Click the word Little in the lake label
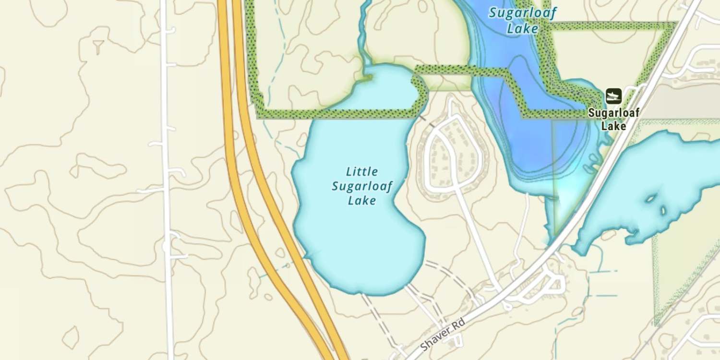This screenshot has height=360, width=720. (x=362, y=171)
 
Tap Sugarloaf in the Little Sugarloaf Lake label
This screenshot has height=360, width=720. (x=362, y=186)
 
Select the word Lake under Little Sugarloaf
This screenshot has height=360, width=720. (x=362, y=200)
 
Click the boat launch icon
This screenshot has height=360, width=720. (x=613, y=96)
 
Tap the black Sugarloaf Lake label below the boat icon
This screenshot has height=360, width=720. (x=614, y=120)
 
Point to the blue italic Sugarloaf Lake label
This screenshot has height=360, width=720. (x=522, y=20)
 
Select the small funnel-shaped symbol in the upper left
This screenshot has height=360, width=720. (x=98, y=47)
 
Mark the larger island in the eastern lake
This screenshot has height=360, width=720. (x=652, y=198)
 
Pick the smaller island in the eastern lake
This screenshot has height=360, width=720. (x=664, y=210)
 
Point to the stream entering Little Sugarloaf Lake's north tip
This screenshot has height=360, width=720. (x=365, y=53)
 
